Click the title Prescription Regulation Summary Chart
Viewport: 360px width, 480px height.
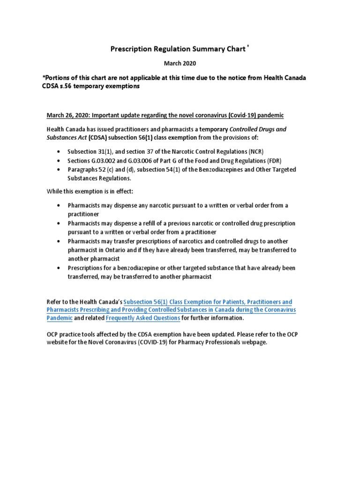click(x=177, y=49)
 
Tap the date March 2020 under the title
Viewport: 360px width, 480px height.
click(x=180, y=63)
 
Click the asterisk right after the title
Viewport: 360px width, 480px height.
click(x=247, y=46)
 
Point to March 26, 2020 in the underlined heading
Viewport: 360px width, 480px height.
click(x=65, y=115)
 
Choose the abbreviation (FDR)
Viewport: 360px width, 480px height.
click(x=271, y=161)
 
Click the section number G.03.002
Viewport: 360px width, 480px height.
click(x=105, y=161)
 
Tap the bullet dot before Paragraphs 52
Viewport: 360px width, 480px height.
click(x=58, y=170)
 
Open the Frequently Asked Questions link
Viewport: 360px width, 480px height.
click(x=143, y=318)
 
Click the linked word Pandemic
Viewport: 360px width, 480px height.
click(x=60, y=318)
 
